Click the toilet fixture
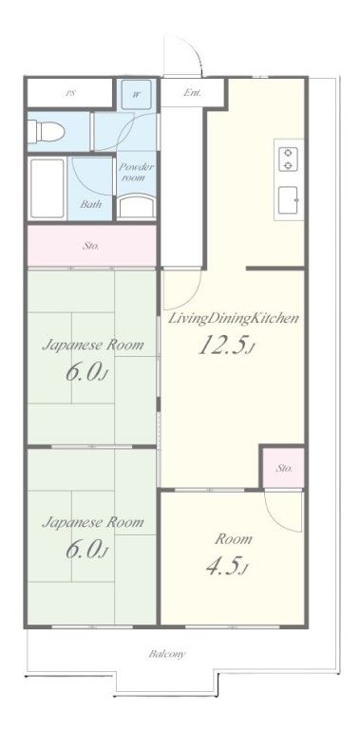click(46, 131)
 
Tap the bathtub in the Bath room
click(47, 188)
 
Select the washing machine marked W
click(136, 94)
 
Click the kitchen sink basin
click(289, 200)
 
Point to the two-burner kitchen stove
click(289, 159)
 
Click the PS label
click(69, 93)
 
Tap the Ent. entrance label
click(192, 92)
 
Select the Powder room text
click(136, 172)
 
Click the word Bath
click(90, 204)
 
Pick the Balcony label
click(167, 654)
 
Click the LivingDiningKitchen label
click(233, 319)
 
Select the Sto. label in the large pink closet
click(90, 246)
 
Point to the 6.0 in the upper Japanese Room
click(87, 372)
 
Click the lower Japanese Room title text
click(93, 523)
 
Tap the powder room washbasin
click(136, 206)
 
